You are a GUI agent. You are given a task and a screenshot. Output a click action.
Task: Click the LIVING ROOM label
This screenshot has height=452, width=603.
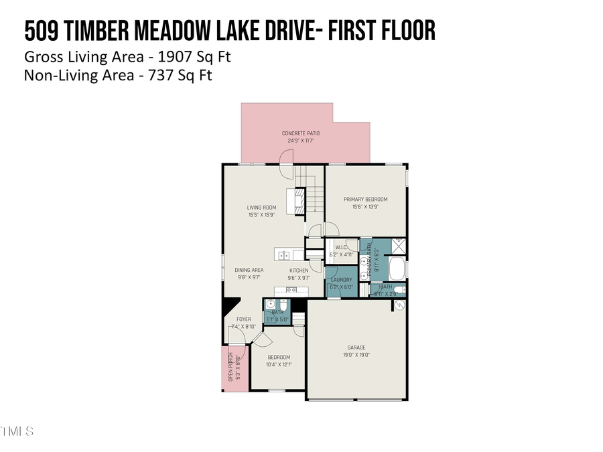coord(261,208)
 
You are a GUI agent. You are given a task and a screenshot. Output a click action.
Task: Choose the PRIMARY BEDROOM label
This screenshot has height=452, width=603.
coord(365,199)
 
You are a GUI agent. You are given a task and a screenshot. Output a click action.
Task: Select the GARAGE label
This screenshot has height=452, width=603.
coord(356,347)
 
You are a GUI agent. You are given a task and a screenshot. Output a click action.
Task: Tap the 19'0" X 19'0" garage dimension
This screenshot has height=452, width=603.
coord(356,355)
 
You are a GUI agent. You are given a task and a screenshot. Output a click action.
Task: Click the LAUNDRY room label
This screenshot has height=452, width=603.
coord(340,280)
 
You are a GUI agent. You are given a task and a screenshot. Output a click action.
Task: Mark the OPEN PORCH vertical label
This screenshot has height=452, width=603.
coord(230,367)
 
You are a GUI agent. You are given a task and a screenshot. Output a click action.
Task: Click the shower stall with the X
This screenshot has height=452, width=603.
coord(398,245)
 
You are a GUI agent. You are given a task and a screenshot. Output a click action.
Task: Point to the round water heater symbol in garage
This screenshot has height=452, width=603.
coord(399,305)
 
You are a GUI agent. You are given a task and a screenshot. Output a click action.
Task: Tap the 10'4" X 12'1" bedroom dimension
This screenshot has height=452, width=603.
coord(279,365)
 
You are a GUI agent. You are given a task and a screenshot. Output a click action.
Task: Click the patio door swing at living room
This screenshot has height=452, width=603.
coord(287,170)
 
